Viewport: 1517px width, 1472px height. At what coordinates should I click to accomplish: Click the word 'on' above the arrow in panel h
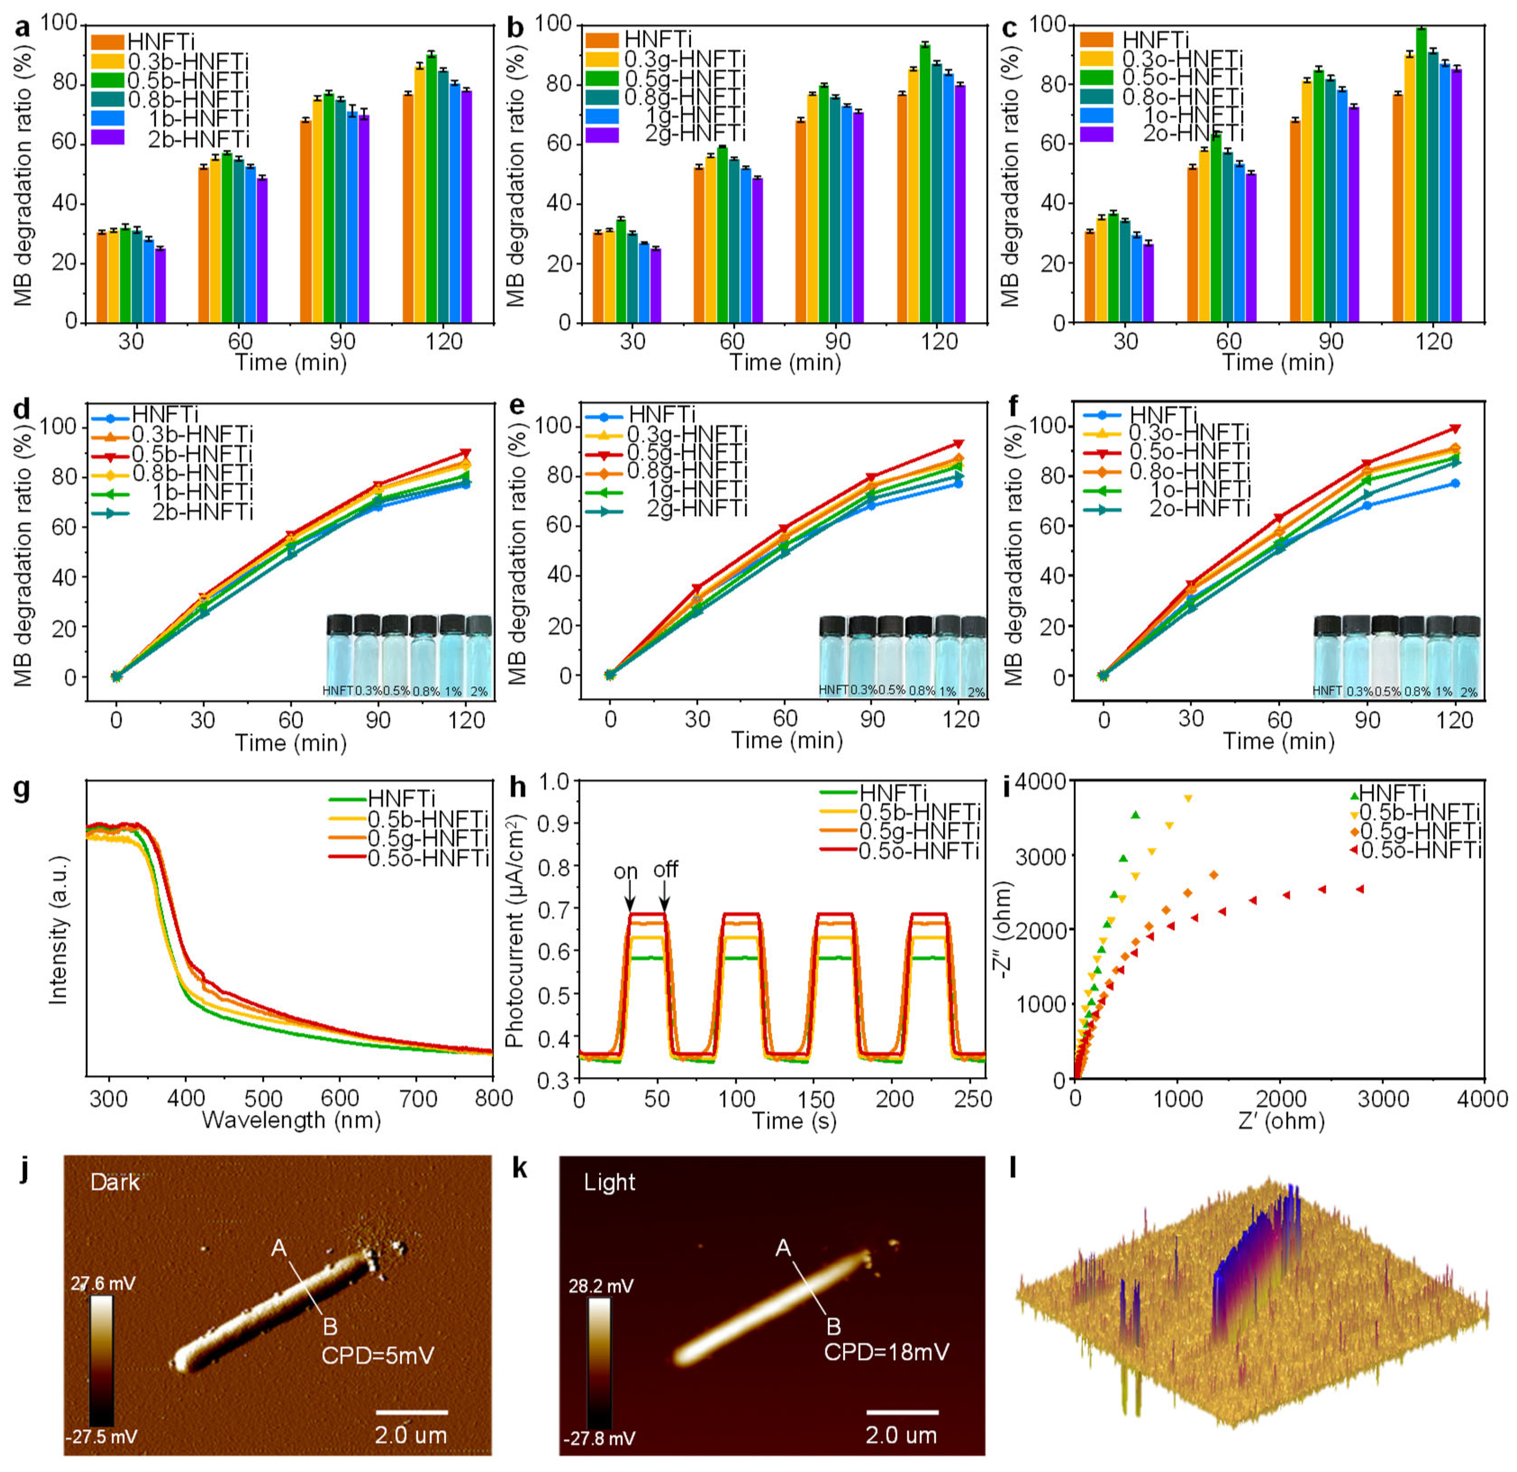coord(625,872)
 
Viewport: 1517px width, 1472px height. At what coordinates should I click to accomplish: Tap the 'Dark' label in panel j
coord(114,1182)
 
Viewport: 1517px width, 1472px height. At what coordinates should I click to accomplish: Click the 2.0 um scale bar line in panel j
coord(411,1412)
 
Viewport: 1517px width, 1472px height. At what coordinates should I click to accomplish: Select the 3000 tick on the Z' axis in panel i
coord(1382,1100)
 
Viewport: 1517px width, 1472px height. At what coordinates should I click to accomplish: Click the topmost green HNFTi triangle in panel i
coord(1136,815)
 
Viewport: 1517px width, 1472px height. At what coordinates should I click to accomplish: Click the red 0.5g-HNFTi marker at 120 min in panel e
coord(959,444)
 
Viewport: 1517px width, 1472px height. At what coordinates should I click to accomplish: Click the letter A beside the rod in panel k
coord(782,1248)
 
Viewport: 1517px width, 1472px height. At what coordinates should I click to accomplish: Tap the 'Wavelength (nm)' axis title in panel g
coord(291,1120)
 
